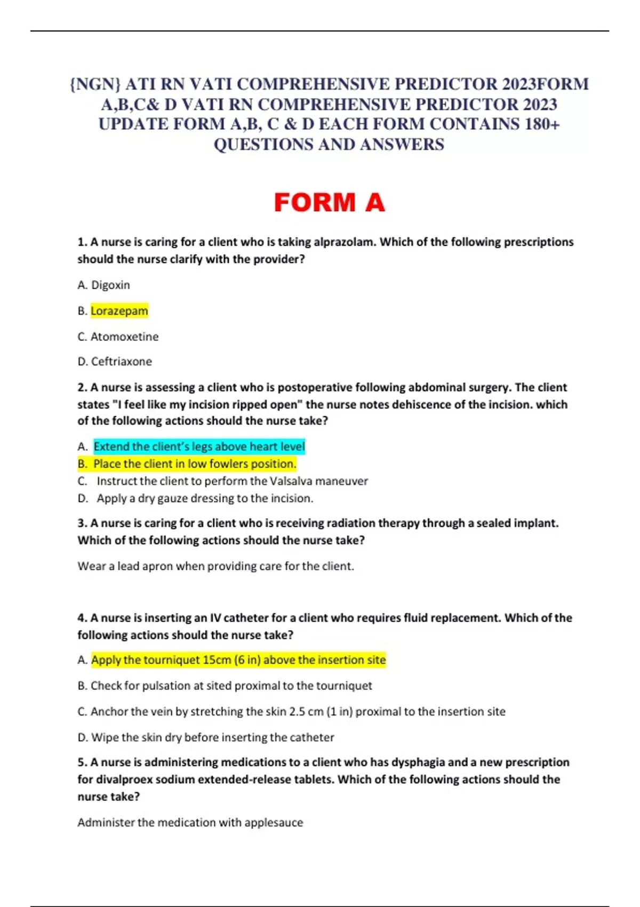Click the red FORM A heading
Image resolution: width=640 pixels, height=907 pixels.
coord(329,203)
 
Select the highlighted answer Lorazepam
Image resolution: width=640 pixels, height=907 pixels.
coord(119,311)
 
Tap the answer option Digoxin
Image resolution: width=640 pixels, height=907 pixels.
coord(110,285)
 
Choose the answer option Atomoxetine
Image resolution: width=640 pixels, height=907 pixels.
coord(124,337)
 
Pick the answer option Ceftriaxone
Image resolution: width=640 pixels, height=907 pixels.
coord(121,362)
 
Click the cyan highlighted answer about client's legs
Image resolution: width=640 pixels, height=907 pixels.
coord(199,447)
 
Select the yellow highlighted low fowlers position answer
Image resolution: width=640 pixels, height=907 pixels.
coord(194,464)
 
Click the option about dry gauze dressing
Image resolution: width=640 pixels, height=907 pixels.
coord(205,498)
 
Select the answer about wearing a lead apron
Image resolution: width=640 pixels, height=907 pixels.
coord(215,566)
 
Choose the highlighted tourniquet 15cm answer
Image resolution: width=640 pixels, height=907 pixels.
coord(238,660)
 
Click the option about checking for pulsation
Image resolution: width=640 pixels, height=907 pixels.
coord(231,686)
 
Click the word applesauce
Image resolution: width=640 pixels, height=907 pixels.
coord(274,823)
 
